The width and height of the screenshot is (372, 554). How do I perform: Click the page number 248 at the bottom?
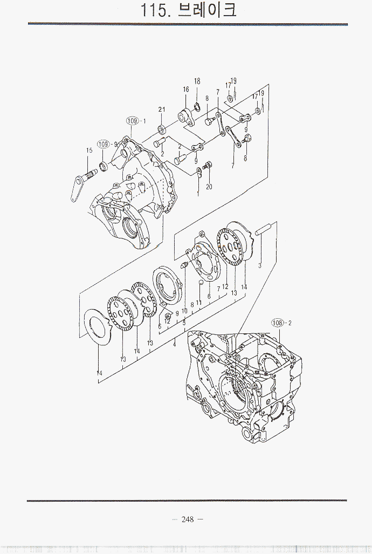(x=187, y=519)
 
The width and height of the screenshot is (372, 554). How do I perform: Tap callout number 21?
(x=161, y=110)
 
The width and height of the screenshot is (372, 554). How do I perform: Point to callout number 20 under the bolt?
(x=209, y=187)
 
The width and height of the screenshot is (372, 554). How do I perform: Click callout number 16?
(x=185, y=90)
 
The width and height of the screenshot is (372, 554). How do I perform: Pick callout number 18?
(x=197, y=81)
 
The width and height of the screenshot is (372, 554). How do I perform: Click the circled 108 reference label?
(x=278, y=323)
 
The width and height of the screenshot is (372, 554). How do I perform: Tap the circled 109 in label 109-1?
(x=133, y=121)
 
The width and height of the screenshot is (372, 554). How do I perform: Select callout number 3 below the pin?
(x=259, y=265)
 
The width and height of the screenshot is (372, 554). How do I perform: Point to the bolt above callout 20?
(x=210, y=165)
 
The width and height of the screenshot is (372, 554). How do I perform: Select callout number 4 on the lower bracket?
(x=174, y=343)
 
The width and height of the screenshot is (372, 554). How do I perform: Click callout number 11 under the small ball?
(x=199, y=303)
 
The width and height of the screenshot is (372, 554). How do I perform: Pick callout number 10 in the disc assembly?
(x=184, y=311)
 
